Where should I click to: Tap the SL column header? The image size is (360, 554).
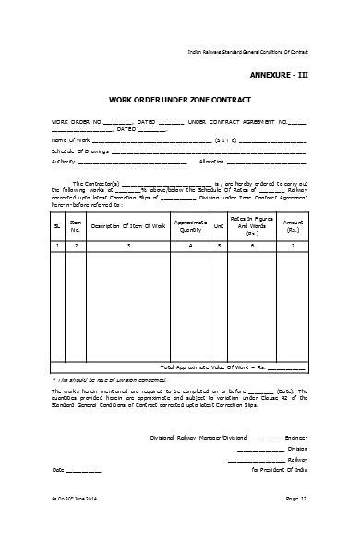point(56,225)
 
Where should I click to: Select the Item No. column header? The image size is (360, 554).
point(75,225)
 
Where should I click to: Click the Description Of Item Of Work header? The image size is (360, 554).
point(128,225)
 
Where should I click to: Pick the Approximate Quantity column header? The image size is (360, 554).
point(190,225)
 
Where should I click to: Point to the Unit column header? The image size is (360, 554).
point(219,225)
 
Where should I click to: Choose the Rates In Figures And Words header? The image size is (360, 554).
point(252,225)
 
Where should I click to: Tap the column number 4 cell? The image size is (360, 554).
point(190,246)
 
